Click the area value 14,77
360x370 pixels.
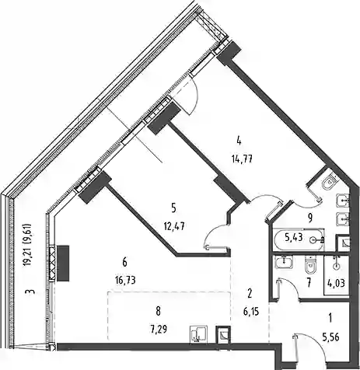[x=242, y=159]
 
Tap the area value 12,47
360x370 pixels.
[x=174, y=227]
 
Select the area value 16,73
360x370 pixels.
[x=125, y=280]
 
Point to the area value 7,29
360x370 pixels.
[x=158, y=330]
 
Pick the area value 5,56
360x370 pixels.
[x=330, y=337]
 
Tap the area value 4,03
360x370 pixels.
[x=337, y=283]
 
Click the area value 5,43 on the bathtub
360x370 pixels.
[x=294, y=237]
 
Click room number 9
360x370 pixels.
[x=310, y=218]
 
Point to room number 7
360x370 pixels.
[x=309, y=283]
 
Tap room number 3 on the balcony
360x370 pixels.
[x=31, y=292]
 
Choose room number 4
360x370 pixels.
[x=239, y=141]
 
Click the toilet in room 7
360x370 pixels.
[x=311, y=265]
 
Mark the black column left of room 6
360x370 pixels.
[x=63, y=264]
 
